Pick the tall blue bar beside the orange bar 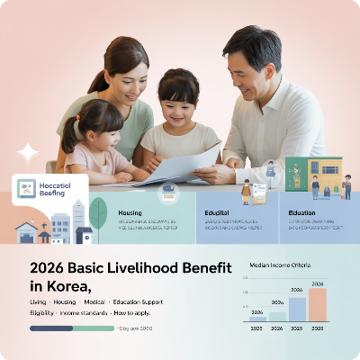point(297,310)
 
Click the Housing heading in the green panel point(130,213)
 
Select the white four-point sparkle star point(28,151)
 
